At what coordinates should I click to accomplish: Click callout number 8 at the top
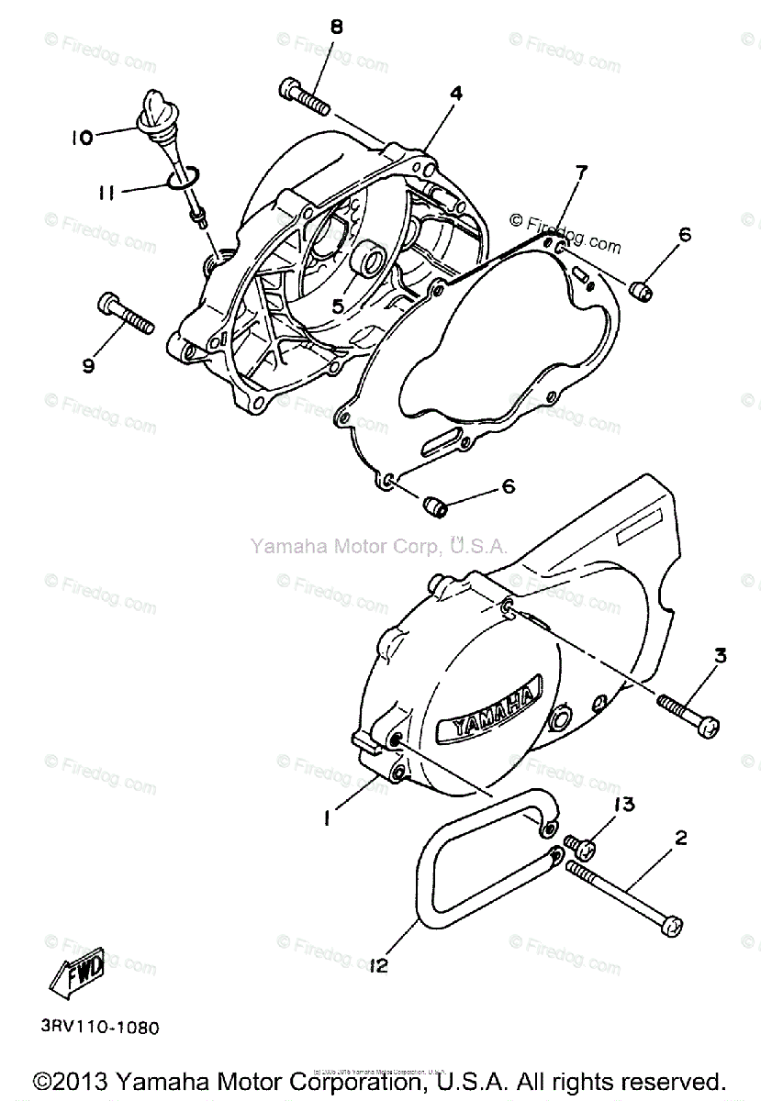[x=336, y=28]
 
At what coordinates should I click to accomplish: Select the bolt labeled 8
[x=303, y=95]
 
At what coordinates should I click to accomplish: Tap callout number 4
[x=455, y=93]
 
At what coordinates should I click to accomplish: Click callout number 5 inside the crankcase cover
[x=339, y=306]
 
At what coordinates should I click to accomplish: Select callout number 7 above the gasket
[x=581, y=172]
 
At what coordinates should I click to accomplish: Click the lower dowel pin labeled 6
[x=433, y=504]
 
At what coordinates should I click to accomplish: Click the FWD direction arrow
[x=73, y=972]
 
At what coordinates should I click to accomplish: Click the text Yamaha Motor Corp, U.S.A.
[x=379, y=547]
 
